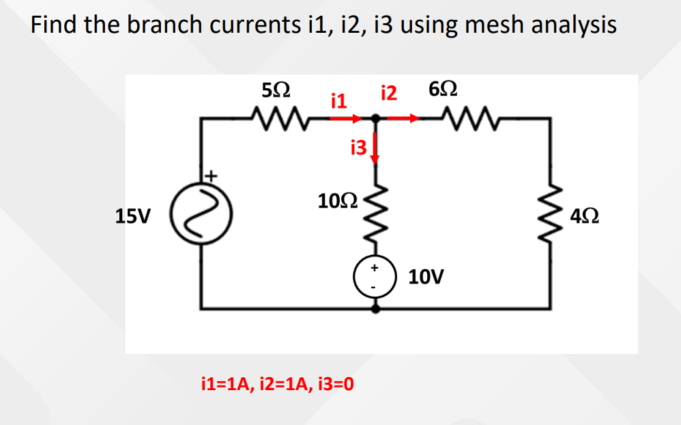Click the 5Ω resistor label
(x=276, y=91)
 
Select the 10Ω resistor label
(x=336, y=201)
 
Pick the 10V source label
(x=426, y=277)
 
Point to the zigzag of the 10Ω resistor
(x=374, y=215)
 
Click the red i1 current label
(x=338, y=102)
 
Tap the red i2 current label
(x=389, y=93)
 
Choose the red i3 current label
(x=358, y=146)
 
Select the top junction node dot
(x=375, y=119)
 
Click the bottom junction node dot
(x=375, y=309)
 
